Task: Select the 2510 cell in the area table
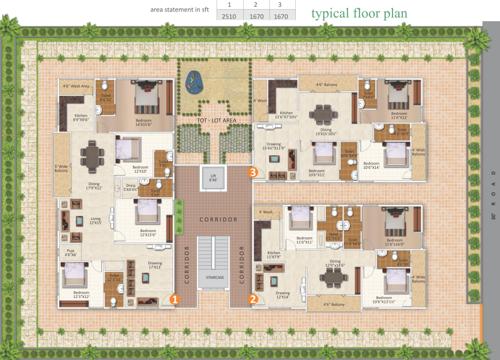click(x=229, y=17)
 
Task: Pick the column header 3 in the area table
click(x=281, y=6)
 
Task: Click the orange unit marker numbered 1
click(x=173, y=298)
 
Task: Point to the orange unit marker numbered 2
click(x=253, y=298)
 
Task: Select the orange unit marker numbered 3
click(x=253, y=173)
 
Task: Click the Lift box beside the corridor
click(x=213, y=180)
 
